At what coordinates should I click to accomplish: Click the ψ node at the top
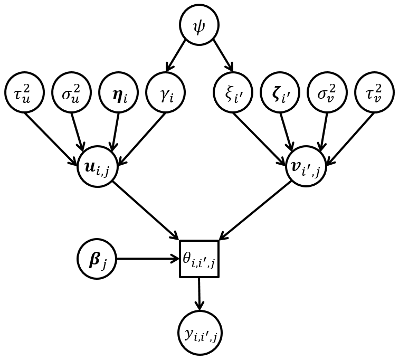199,25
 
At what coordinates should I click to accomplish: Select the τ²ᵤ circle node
24,92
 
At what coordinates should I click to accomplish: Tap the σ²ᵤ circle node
71,92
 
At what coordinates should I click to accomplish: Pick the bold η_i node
118,92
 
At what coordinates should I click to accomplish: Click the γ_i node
165,92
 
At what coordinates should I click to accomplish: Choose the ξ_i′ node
233,92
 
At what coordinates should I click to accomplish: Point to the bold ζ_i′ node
280,92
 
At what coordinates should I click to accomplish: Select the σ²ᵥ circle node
327,92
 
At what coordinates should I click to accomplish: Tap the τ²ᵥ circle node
374,92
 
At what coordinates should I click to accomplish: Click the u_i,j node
97,168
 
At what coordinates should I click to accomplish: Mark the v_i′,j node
302,168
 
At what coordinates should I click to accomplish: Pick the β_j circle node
97,259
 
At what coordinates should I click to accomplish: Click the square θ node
199,259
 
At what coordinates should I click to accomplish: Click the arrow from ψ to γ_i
176,55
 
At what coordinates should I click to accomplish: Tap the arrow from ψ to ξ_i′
222,55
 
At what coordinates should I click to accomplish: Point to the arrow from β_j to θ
148,259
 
